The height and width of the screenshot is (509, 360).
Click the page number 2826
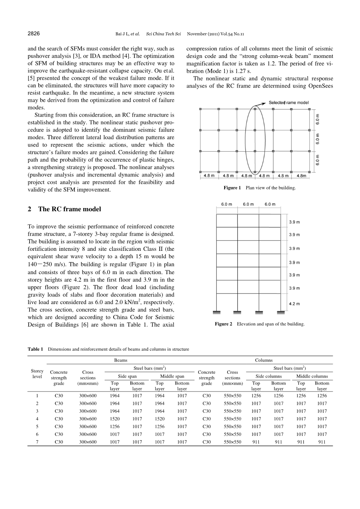(x=34, y=34)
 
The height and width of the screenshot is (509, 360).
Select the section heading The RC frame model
(x=69, y=209)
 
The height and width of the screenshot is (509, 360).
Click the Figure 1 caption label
(x=232, y=188)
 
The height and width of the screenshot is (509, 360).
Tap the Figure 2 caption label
(x=223, y=324)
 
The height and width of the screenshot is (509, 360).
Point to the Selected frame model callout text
(x=288, y=103)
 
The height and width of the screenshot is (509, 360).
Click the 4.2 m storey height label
(x=295, y=304)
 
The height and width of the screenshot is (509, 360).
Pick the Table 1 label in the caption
(x=35, y=349)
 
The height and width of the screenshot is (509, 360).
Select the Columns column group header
(x=263, y=360)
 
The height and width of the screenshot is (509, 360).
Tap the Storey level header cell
(x=37, y=374)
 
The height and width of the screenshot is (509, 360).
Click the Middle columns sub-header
(x=312, y=376)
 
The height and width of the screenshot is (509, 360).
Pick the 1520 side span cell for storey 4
(x=114, y=419)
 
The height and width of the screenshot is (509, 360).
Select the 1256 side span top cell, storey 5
(x=114, y=427)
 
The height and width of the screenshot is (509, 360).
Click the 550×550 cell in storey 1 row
(x=232, y=395)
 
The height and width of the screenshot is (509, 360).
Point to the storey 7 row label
(x=37, y=442)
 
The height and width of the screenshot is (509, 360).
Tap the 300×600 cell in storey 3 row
(x=88, y=411)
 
